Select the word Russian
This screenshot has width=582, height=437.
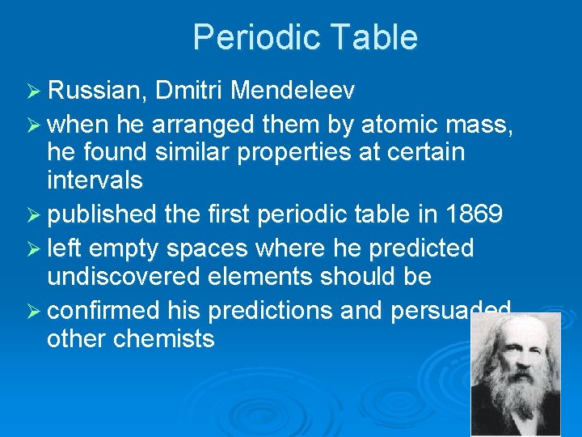95,91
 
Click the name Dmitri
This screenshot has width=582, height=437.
188,91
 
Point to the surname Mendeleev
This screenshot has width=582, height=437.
292,91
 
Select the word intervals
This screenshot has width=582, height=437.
95,180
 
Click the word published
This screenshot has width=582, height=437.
102,215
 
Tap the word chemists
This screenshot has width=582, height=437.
164,337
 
